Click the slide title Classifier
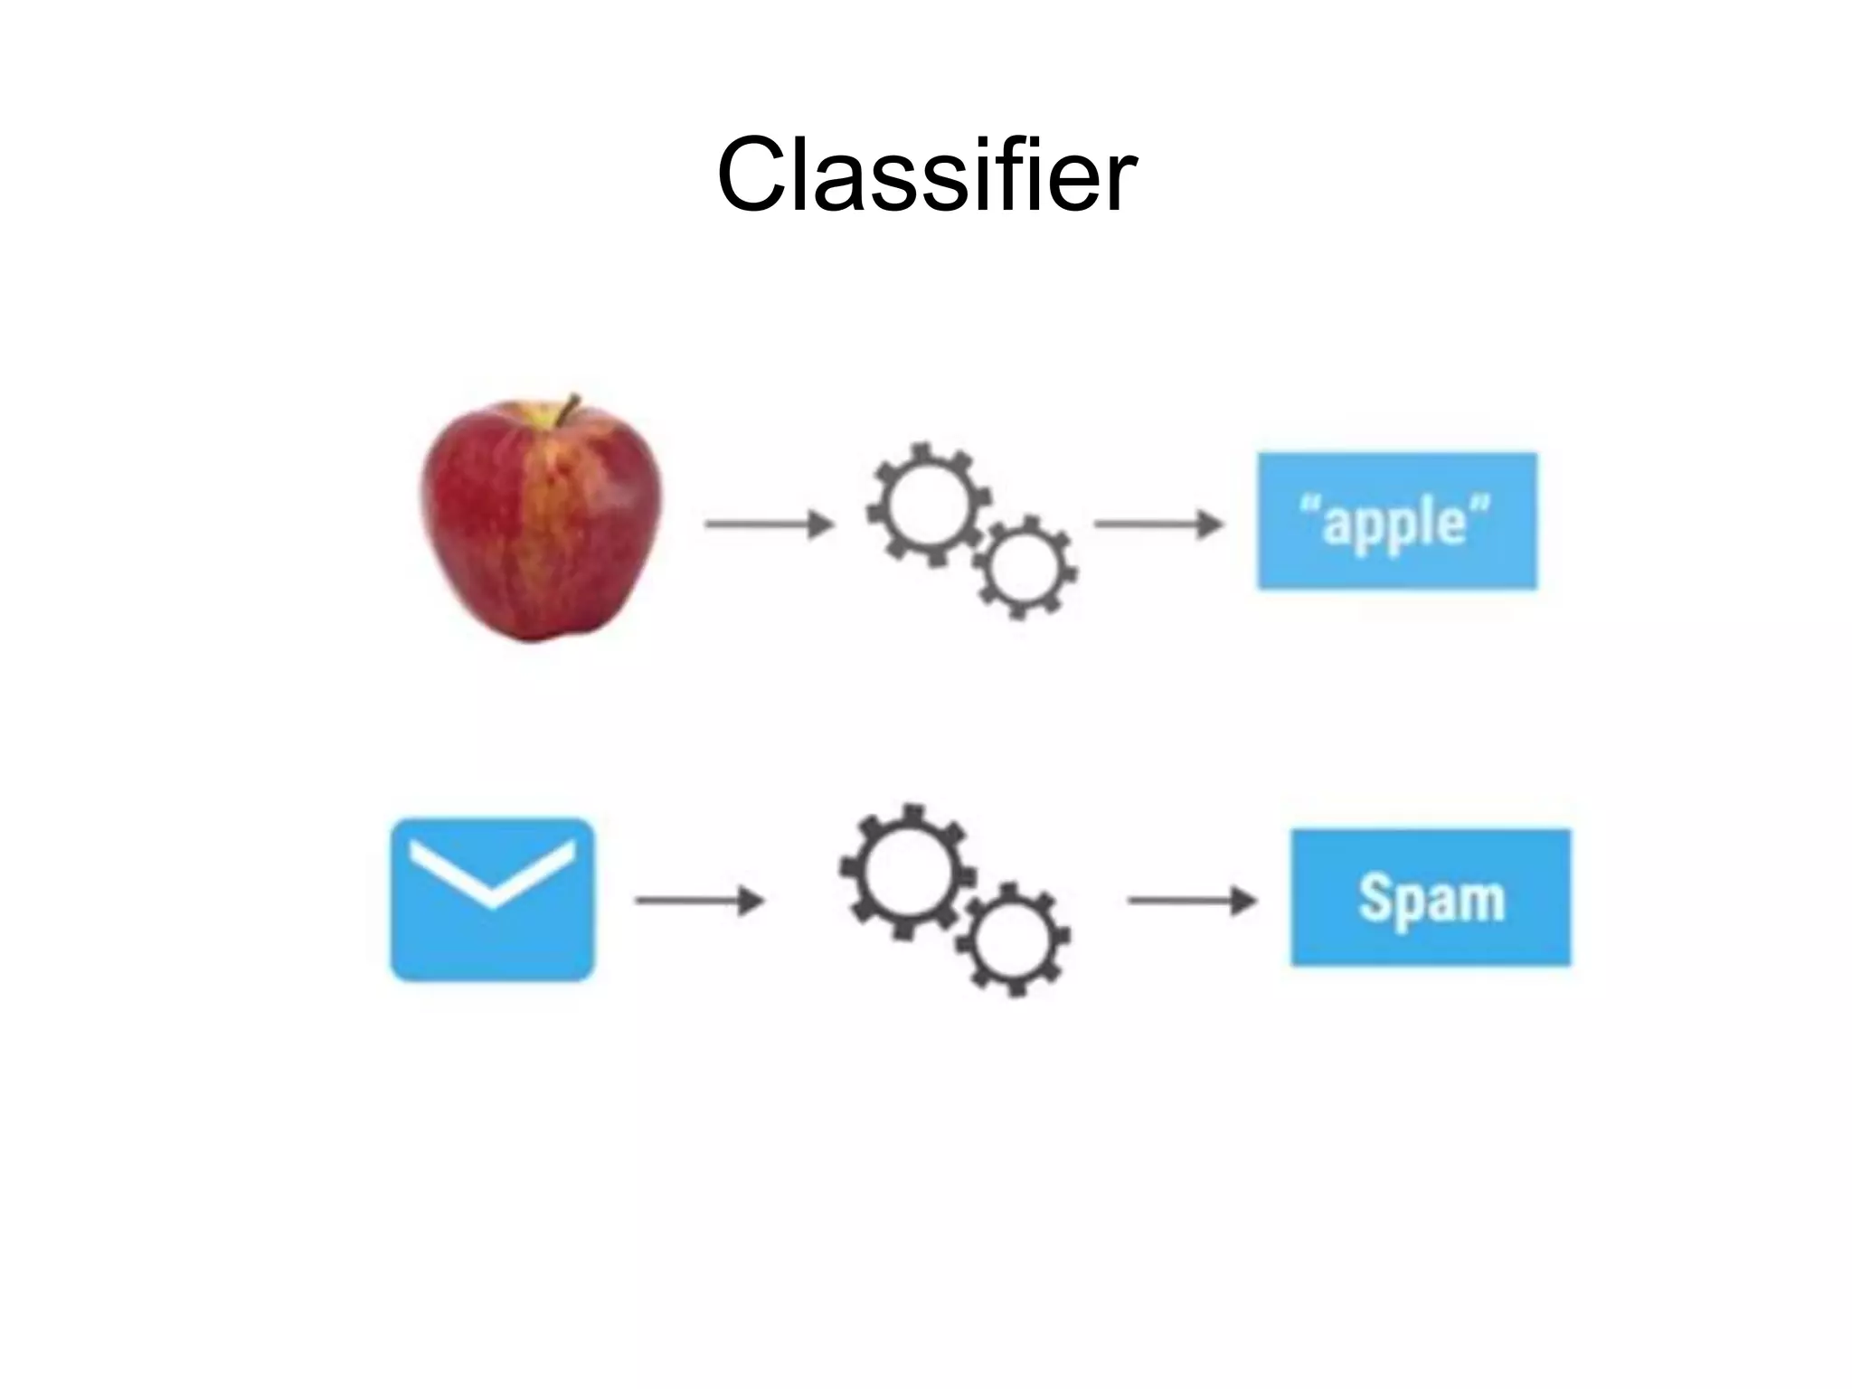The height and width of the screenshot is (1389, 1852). pos(926,174)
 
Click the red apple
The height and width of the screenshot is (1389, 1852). pos(541,529)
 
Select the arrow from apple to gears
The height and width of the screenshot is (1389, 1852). pos(769,524)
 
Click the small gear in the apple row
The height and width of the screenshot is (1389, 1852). pos(1025,568)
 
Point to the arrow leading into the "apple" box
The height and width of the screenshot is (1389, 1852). pos(1158,524)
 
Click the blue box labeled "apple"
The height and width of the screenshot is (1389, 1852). pos(1396,521)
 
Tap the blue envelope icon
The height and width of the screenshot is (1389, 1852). pos(492,899)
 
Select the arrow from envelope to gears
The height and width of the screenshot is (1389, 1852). pos(699,901)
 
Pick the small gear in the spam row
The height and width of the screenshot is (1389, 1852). pos(1013,940)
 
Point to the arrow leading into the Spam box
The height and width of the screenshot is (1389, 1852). pos(1191,900)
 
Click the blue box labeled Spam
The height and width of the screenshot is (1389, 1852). pos(1430,897)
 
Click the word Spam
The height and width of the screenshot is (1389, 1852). pos(1431,899)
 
